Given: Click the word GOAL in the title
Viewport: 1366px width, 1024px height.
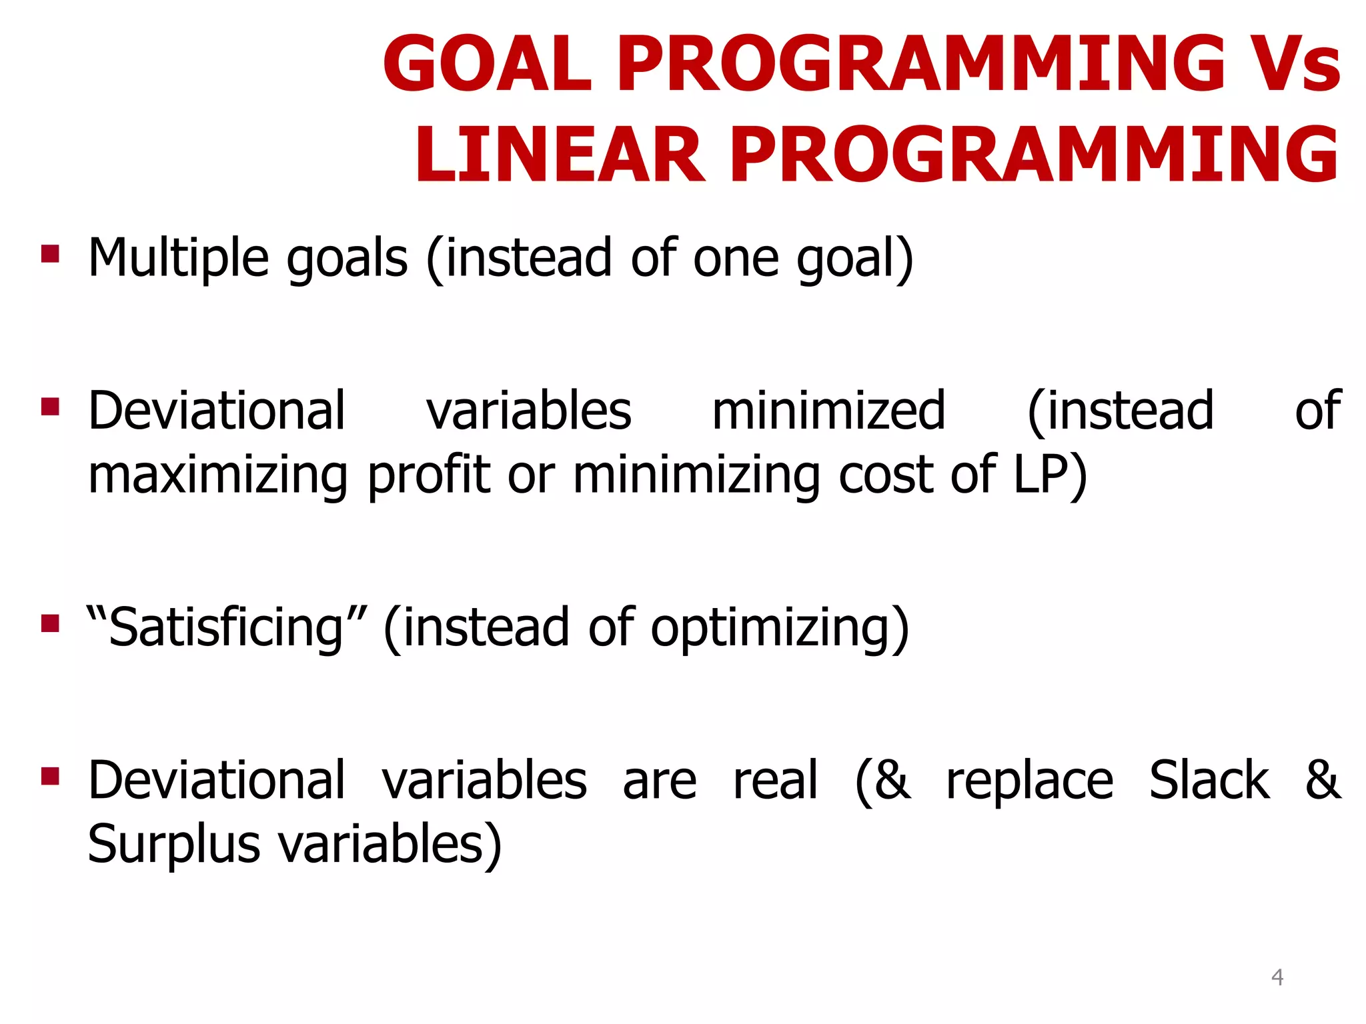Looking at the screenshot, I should [488, 65].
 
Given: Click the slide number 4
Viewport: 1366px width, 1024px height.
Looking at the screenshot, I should [1277, 977].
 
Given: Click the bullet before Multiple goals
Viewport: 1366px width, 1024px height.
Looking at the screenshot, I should [50, 254].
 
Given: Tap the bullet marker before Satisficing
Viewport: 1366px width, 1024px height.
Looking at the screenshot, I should [50, 623].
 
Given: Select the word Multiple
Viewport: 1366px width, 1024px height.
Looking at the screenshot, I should [179, 259].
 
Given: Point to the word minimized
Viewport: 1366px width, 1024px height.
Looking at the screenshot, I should [828, 411].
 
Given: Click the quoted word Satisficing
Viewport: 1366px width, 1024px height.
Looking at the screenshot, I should [227, 628].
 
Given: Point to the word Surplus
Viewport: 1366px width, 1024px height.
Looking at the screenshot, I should [173, 845].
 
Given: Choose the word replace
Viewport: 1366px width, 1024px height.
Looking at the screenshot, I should [1029, 781].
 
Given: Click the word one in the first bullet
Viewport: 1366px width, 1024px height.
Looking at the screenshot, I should [735, 259].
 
